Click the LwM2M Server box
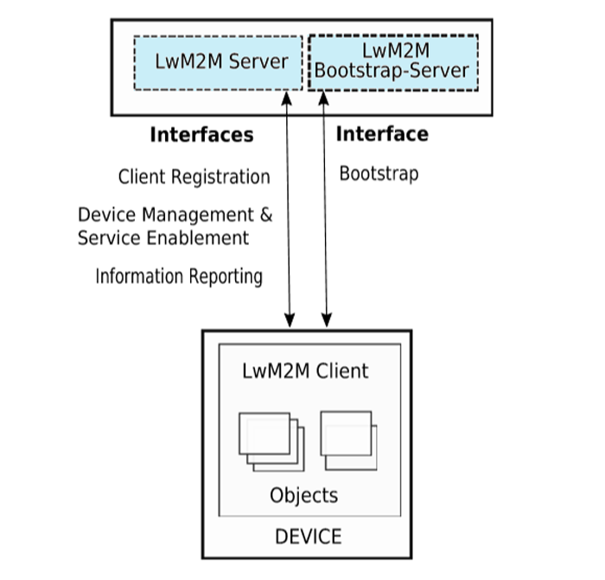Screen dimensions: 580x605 coord(218,62)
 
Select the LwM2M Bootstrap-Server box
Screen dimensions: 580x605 coord(392,61)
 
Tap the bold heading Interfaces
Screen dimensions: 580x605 coord(201,135)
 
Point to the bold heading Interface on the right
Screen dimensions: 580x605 coord(381,134)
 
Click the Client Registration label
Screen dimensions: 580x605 coord(194,177)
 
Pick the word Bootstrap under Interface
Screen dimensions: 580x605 coord(379,173)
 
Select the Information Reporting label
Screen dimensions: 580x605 coord(179,277)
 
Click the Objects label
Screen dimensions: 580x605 coord(303,496)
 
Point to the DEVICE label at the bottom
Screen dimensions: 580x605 coord(308,537)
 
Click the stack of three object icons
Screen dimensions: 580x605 coord(271,441)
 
